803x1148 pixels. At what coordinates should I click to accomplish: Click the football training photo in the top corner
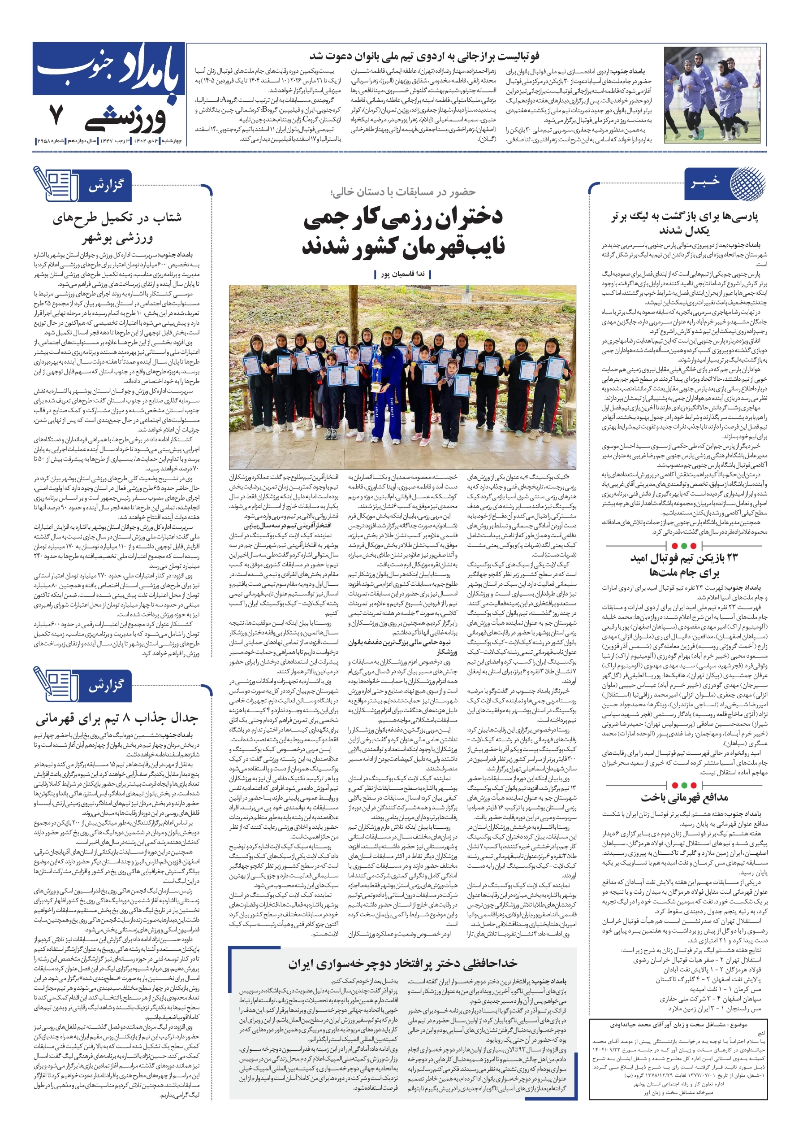click(714, 95)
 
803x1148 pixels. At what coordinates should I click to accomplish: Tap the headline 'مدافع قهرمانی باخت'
click(684, 797)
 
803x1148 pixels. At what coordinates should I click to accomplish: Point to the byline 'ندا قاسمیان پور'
click(402, 274)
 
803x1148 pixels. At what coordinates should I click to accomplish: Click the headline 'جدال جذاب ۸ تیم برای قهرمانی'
click(117, 719)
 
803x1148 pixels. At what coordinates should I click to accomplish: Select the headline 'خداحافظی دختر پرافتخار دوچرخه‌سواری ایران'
click(403, 964)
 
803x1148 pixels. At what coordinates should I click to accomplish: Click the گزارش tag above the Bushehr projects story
click(105, 186)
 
